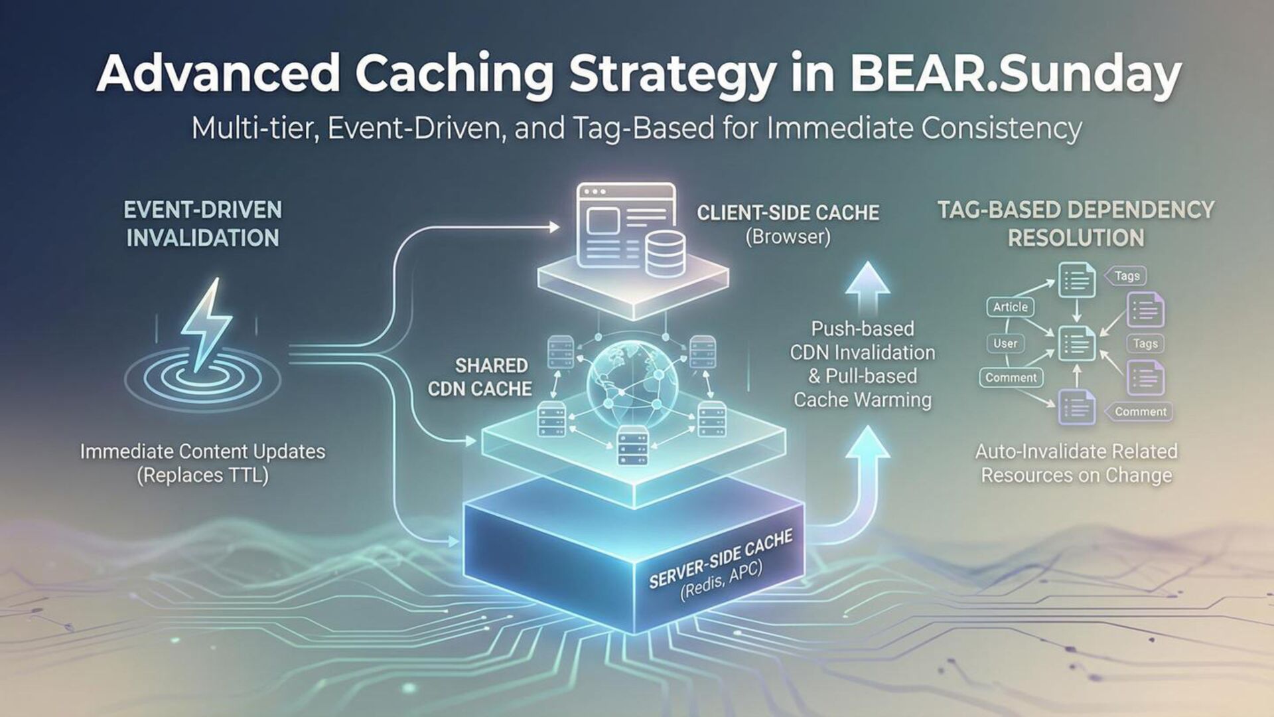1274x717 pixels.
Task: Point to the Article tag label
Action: [x=1010, y=307]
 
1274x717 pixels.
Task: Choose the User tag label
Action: [x=1005, y=343]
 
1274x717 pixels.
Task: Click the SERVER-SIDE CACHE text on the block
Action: [x=720, y=560]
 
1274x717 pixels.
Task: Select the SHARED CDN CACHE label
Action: [x=480, y=377]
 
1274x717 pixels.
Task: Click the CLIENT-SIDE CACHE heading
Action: [x=788, y=212]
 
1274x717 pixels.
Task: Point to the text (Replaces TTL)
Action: [x=202, y=475]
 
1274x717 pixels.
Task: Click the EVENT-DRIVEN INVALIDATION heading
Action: [x=202, y=224]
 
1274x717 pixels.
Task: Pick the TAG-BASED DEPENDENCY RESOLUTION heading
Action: [x=1076, y=224]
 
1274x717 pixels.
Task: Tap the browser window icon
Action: [x=626, y=226]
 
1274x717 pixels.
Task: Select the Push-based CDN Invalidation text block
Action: [x=863, y=364]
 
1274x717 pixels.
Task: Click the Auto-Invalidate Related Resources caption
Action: [x=1076, y=463]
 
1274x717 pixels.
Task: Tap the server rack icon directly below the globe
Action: [x=632, y=446]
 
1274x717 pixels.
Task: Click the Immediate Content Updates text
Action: [x=202, y=451]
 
